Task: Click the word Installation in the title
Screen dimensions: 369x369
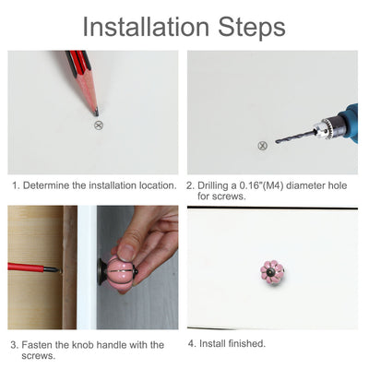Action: click(146, 27)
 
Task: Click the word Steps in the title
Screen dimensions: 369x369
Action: click(252, 28)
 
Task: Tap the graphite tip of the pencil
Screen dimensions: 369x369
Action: click(96, 113)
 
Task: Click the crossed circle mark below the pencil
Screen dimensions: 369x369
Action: click(99, 125)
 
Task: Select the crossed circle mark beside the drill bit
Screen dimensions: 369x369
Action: click(262, 146)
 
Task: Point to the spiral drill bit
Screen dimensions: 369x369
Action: click(296, 136)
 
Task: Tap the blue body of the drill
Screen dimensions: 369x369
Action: click(350, 123)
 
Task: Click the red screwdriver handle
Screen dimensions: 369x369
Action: click(26, 268)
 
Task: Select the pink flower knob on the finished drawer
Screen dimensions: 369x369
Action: click(272, 272)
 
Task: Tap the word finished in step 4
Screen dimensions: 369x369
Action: click(247, 343)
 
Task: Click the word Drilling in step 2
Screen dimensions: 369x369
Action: click(213, 185)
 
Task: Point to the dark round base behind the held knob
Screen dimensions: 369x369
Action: click(102, 272)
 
